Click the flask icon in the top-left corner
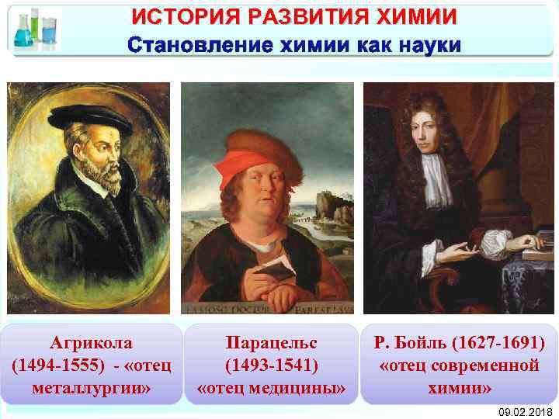pos(36,29)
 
